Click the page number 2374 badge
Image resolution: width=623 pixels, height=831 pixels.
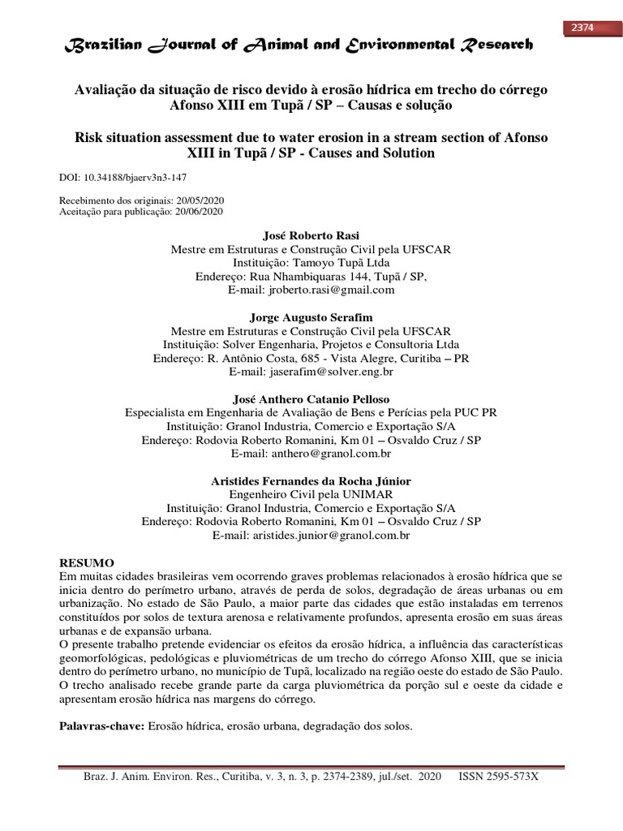pos(583,28)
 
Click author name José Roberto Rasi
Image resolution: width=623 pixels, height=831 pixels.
pos(311,235)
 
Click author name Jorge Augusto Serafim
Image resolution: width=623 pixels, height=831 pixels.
pos(311,317)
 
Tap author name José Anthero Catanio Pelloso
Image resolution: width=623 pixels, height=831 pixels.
pos(311,399)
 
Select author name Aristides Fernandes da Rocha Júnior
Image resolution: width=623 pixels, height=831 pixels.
pos(311,481)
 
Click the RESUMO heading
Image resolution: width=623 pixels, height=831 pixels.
pos(88,562)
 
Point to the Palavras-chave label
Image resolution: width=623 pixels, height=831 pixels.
pos(101,726)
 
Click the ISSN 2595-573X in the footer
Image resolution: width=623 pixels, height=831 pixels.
pos(498,777)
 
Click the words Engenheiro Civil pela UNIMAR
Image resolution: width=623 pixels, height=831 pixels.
pos(311,494)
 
